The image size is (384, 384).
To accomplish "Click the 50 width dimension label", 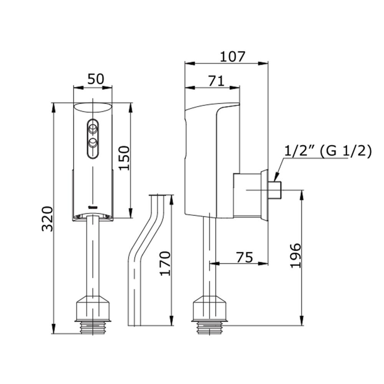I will tap(96, 79).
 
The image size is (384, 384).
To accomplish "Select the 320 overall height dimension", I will tap(47, 219).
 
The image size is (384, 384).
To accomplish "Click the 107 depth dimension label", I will tap(232, 56).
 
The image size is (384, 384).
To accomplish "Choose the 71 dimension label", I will tap(216, 81).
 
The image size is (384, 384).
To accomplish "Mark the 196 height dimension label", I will tap(296, 256).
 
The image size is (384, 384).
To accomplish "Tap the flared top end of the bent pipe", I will tap(159, 197).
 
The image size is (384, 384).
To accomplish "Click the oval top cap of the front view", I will tap(93, 108).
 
